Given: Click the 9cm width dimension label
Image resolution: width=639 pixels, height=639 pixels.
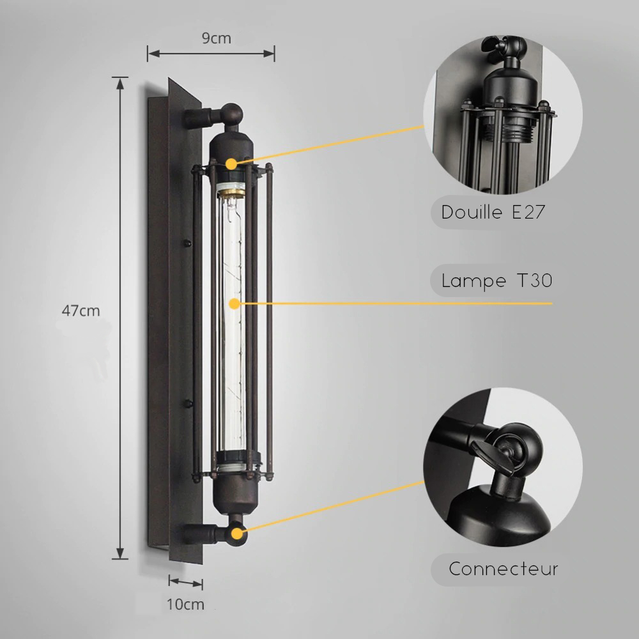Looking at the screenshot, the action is point(217,38).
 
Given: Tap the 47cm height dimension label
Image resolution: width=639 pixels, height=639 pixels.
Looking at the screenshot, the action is point(81,311).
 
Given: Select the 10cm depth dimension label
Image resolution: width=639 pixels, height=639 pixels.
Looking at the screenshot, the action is point(185,604).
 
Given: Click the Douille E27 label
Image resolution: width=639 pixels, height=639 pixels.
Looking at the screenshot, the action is point(493,212).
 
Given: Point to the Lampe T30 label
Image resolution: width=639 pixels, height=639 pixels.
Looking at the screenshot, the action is point(497,281).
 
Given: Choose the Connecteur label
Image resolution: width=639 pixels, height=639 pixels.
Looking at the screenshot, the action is point(504,569).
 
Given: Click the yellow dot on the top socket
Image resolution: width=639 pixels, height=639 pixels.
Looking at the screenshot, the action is point(231,164).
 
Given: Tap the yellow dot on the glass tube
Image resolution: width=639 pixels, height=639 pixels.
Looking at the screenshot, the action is point(235,304).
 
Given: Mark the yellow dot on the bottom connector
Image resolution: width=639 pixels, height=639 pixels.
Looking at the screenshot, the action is point(237,534).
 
